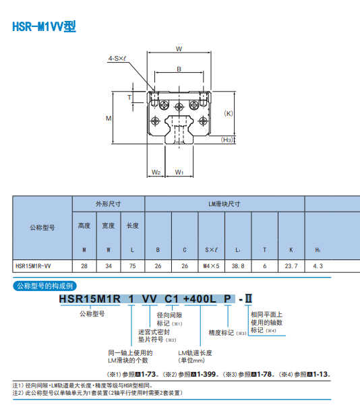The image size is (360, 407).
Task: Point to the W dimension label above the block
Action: tap(179, 49)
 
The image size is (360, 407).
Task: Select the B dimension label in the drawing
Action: tap(179, 69)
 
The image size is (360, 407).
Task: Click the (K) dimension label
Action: tap(228, 113)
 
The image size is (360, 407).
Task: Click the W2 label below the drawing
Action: tap(156, 173)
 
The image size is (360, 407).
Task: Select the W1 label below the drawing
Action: tap(179, 173)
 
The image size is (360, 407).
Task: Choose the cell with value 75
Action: tap(132, 266)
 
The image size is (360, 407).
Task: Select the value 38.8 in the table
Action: tap(238, 266)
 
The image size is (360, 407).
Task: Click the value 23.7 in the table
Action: tap(291, 266)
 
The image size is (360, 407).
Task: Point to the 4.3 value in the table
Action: tap(318, 266)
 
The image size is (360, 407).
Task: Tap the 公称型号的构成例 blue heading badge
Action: tap(47, 286)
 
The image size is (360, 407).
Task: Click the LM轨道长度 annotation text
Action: tap(195, 353)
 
